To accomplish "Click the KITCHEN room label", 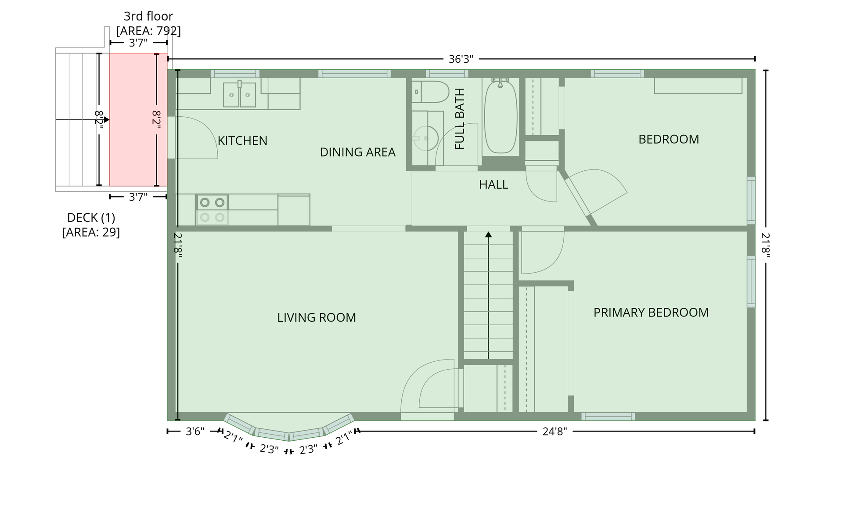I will coord(242,140).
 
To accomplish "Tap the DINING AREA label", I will coord(357,152).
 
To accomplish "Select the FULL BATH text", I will coord(460,119).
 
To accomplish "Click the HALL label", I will coord(494,184).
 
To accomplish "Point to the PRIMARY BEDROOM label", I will coord(651,313).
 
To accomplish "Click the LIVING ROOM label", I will coord(316,317).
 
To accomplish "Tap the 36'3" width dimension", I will coord(461,59).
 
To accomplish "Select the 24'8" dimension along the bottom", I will coord(555,432).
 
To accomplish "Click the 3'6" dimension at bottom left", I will coord(195,432).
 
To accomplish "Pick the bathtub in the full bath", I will coord(500,116).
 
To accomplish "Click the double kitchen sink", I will coord(239,94).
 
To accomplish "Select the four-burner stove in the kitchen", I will coord(212,210).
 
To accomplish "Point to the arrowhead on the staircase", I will coord(488,234).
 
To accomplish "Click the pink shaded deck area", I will coord(138,119).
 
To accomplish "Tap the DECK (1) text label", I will coord(91,218).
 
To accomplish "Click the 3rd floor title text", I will coord(148,16).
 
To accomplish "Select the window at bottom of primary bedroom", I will coord(608,416).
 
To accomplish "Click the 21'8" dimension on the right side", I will coord(766,245).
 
